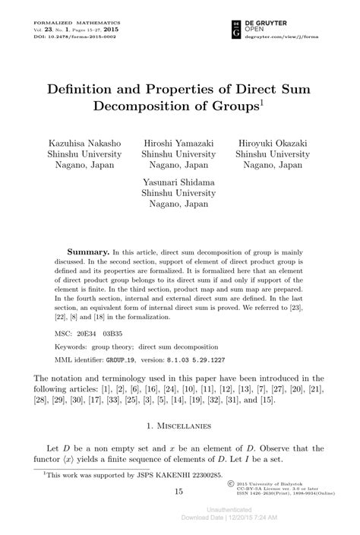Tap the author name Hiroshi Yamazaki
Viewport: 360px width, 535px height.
179,143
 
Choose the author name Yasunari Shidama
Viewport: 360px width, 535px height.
179,182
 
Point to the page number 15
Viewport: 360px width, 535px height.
179,492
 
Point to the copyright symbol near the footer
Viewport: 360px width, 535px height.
230,483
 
